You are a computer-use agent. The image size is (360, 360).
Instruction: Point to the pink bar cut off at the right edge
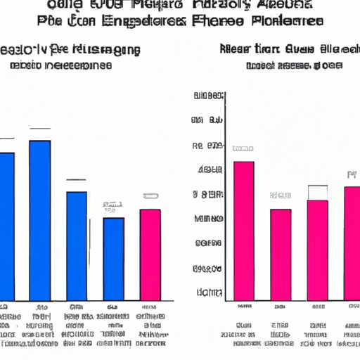coord(352,243)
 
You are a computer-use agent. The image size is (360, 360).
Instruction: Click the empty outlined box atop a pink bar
coord(318,193)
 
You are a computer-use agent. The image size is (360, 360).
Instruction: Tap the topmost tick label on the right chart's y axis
coord(209,95)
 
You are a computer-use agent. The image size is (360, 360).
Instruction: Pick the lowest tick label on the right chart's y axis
coord(209,291)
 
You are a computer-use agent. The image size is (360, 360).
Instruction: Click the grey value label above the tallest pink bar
coord(243,149)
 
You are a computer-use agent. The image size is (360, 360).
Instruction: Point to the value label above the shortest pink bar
coord(281,195)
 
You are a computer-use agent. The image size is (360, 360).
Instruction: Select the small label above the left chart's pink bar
coord(150,196)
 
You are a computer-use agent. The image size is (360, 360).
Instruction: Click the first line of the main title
coord(181,6)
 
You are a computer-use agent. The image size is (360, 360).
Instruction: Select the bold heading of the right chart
coord(281,50)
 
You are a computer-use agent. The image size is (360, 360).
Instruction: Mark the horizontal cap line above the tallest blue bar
coord(40,129)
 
